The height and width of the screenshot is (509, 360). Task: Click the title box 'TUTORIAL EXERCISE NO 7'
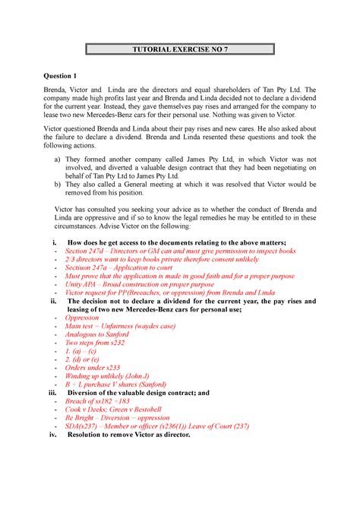(179, 51)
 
